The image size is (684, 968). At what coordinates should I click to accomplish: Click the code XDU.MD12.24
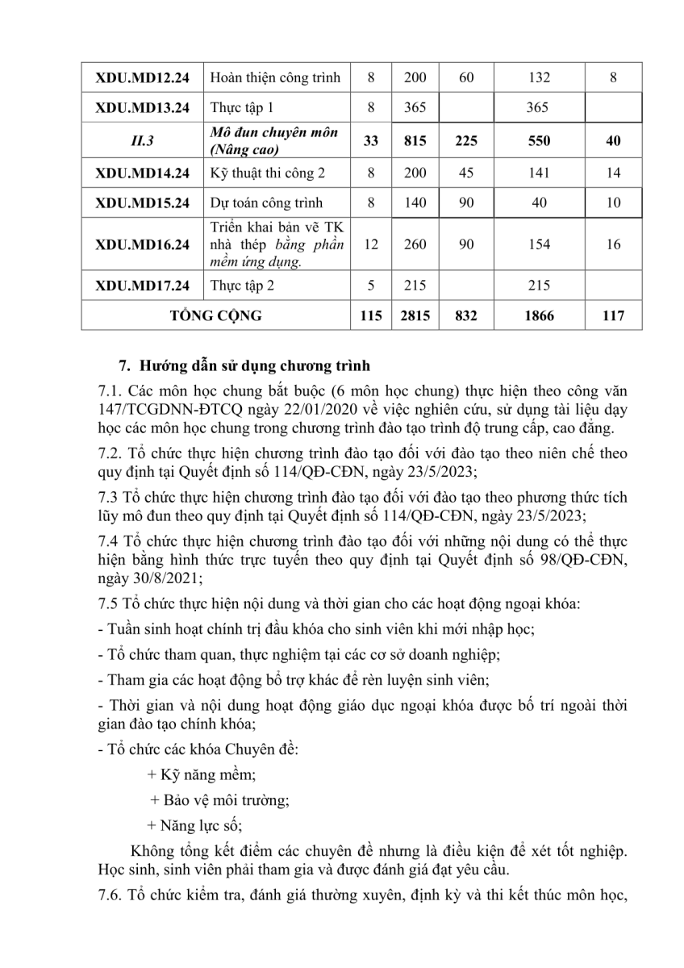point(142,78)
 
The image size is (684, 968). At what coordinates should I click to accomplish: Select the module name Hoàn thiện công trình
point(275,78)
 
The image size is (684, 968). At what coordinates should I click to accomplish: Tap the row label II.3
point(142,140)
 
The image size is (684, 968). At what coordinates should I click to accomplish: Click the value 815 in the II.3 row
point(414,140)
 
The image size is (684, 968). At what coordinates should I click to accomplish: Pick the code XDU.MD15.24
point(142,202)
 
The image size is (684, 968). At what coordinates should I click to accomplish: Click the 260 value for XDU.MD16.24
point(414,244)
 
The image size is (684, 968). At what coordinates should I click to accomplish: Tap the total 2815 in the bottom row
point(414,315)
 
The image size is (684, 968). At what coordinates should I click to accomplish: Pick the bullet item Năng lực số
point(194,825)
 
